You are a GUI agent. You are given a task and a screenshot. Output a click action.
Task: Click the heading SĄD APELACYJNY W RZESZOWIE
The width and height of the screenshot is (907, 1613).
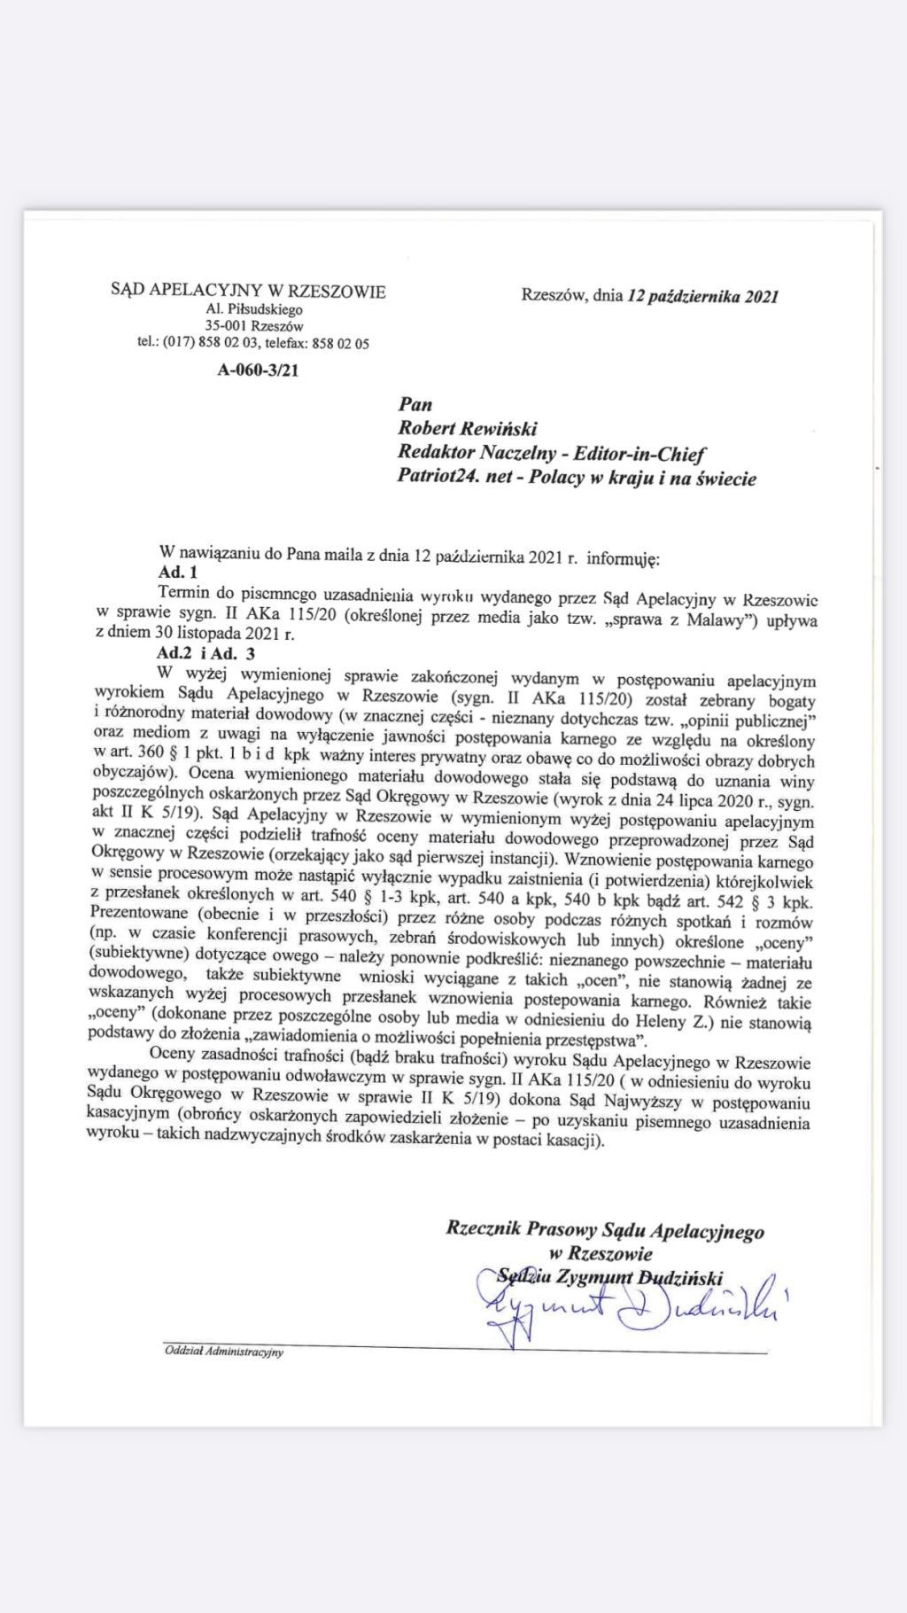click(x=248, y=291)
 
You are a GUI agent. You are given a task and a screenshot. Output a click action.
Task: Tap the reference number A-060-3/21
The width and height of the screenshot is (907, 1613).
click(x=258, y=370)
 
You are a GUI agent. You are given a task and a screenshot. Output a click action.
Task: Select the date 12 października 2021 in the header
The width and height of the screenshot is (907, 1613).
click(x=702, y=296)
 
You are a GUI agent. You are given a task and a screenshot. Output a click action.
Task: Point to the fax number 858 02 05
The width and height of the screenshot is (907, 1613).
click(x=341, y=344)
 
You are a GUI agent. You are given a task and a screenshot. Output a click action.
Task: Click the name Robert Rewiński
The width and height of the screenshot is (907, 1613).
click(x=468, y=428)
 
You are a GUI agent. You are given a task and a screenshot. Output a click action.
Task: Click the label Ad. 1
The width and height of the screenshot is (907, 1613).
click(x=178, y=573)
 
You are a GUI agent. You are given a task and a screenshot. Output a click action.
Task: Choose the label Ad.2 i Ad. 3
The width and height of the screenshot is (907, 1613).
click(x=205, y=654)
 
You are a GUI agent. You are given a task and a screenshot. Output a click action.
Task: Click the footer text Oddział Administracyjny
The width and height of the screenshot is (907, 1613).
click(x=224, y=1352)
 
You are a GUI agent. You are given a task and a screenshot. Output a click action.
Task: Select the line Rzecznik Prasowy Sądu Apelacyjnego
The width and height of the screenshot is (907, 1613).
click(x=605, y=1230)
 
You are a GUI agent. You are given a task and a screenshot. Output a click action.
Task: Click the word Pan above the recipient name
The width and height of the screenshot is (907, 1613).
click(x=415, y=404)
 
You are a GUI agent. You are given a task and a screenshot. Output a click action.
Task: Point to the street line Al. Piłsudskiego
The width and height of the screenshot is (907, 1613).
click(x=254, y=309)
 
